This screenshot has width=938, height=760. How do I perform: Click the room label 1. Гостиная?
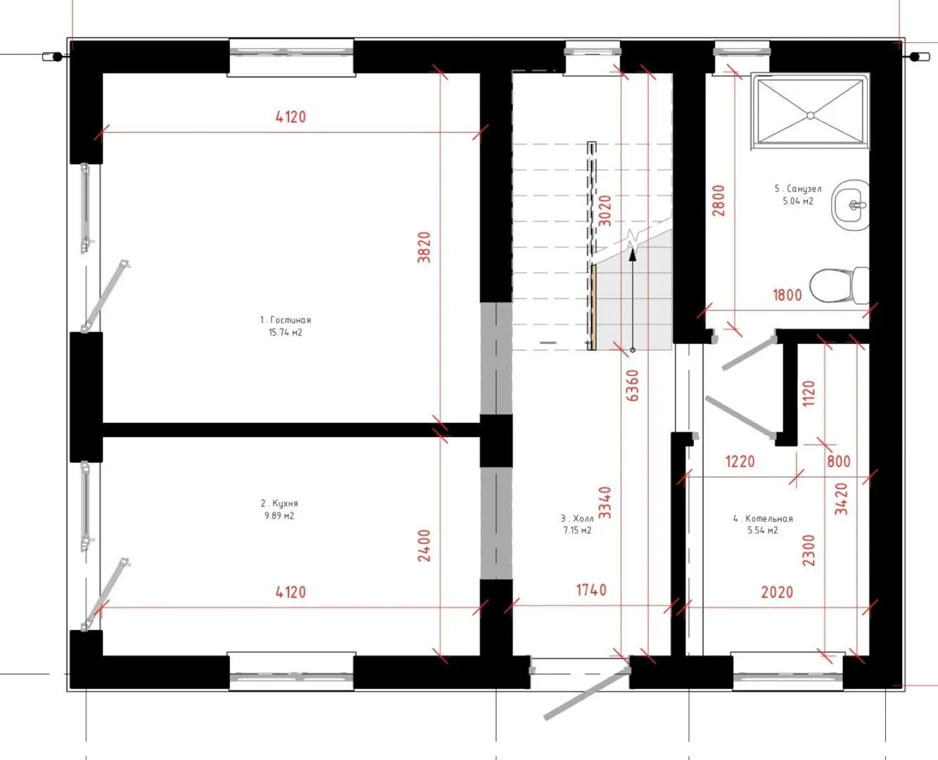point(286,320)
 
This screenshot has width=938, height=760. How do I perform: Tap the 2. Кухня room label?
point(279,503)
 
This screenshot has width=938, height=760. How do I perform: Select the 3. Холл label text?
point(577,518)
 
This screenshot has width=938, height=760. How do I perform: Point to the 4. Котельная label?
point(763,519)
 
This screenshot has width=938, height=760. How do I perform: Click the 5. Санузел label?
point(798,189)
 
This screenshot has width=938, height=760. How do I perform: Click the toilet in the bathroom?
point(839,285)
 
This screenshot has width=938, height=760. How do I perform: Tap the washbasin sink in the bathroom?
point(851,205)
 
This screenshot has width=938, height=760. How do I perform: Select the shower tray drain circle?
point(811,115)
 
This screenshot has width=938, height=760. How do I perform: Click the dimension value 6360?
point(632,386)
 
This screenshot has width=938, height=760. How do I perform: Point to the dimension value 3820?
point(424,247)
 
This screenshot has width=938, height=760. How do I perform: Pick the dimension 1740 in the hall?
point(591,590)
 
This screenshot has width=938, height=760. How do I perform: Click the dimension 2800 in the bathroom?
point(718,201)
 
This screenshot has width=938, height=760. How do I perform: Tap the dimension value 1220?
point(740,462)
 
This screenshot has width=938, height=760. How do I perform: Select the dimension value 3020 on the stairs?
point(606,210)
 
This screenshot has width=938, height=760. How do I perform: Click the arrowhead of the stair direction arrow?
point(633,253)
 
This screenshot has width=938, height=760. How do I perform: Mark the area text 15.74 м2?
point(286,332)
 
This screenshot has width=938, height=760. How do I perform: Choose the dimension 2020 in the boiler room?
point(778,593)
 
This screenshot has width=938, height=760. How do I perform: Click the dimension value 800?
point(839,462)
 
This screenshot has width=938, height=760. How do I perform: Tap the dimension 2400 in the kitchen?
point(424,545)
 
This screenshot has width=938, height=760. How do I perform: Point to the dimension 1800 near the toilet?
point(787,295)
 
